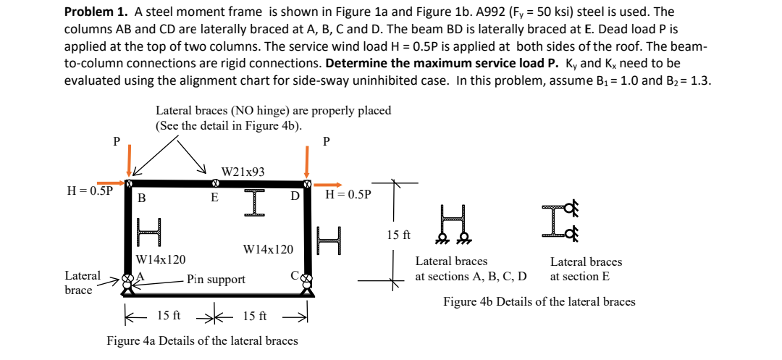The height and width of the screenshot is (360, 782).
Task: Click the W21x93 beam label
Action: (x=243, y=172)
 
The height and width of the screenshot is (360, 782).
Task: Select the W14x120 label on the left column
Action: (x=160, y=259)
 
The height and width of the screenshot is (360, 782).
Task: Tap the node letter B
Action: (x=142, y=198)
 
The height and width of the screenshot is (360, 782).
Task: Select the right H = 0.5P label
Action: (x=348, y=195)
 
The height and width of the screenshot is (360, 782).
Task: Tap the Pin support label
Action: (x=216, y=279)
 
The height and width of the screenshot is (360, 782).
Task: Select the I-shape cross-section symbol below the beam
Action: (x=251, y=203)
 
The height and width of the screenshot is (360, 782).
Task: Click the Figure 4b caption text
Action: (x=539, y=302)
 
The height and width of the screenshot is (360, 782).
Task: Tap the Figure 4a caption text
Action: (x=202, y=340)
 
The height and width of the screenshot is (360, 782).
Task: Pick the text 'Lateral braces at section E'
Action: (x=586, y=269)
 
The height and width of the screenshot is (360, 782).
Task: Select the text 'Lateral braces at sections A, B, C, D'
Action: (x=471, y=269)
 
